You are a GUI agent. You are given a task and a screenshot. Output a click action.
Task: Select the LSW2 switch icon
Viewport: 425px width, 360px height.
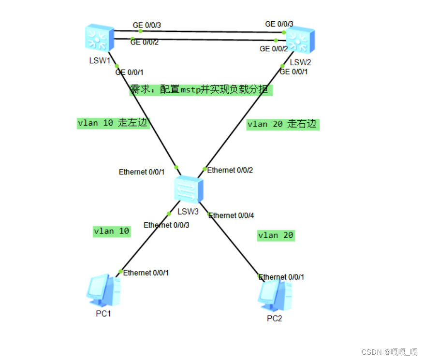pyautogui.click(x=300, y=41)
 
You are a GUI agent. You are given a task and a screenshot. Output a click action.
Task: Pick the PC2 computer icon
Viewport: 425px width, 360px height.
pyautogui.click(x=275, y=295)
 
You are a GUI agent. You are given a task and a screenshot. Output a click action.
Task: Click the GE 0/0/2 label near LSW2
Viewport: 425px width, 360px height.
pyautogui.click(x=274, y=49)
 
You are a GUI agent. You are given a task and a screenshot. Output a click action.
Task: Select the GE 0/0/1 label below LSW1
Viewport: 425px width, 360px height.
pyautogui.click(x=129, y=72)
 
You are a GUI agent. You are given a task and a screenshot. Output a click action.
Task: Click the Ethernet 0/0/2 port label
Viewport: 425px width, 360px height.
pyautogui.click(x=230, y=170)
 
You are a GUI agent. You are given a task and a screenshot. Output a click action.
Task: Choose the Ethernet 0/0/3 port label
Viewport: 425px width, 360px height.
pyautogui.click(x=166, y=225)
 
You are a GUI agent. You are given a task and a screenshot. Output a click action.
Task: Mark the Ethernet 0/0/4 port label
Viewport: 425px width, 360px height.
pyautogui.click(x=231, y=216)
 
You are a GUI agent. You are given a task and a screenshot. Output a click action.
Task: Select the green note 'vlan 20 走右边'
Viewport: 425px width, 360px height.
pyautogui.click(x=282, y=124)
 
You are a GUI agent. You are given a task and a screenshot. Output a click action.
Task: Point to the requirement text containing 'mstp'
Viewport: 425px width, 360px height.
pyautogui.click(x=201, y=90)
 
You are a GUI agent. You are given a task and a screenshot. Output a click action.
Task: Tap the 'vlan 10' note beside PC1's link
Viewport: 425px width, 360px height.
pyautogui.click(x=112, y=231)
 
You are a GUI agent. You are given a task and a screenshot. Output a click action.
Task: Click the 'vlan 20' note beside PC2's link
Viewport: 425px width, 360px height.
pyautogui.click(x=276, y=235)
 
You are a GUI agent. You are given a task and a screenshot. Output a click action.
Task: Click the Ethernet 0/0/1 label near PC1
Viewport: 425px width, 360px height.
pyautogui.click(x=146, y=273)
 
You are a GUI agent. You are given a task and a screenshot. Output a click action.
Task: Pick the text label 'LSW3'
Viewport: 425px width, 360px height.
pyautogui.click(x=188, y=211)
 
